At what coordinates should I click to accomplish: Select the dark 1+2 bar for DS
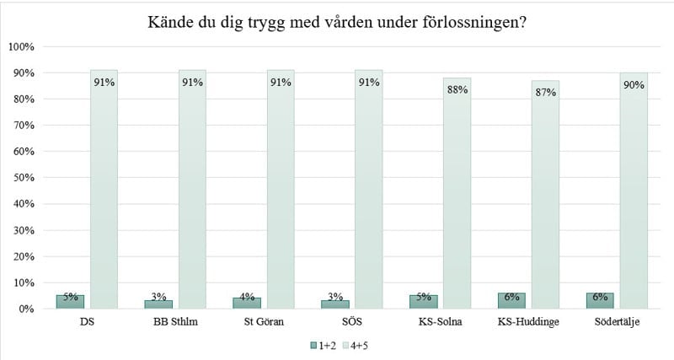[x=71, y=302]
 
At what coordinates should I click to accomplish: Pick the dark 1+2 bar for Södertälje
[x=599, y=301]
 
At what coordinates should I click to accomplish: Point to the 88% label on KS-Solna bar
[x=457, y=89]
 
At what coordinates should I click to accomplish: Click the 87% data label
[x=545, y=92]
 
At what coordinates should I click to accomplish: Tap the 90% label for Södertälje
[x=634, y=84]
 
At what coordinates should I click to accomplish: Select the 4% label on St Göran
[x=247, y=297]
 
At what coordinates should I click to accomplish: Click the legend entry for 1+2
[x=323, y=345]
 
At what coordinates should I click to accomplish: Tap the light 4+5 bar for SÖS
[x=368, y=194]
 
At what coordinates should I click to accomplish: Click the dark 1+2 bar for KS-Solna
[x=423, y=302]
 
